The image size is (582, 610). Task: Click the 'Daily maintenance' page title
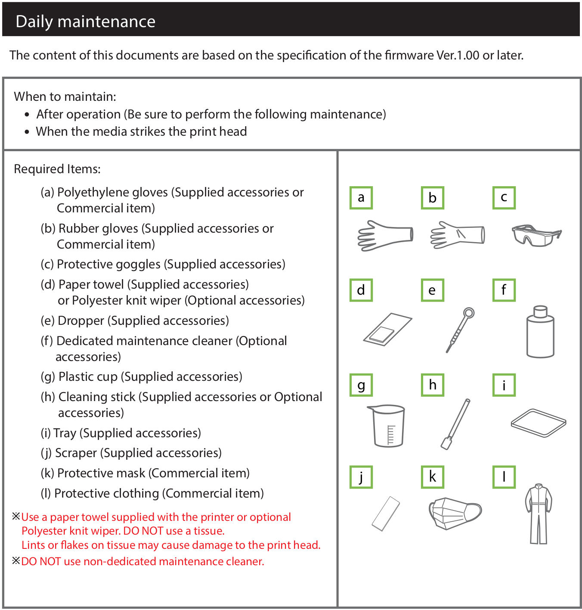click(85, 22)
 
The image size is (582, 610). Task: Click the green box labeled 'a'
click(361, 198)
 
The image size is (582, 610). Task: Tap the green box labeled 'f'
click(504, 290)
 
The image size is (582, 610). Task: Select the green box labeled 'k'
click(432, 477)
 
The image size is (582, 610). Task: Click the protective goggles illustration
click(536, 235)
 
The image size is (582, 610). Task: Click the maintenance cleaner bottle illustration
click(540, 332)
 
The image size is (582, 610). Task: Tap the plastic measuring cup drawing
click(387, 426)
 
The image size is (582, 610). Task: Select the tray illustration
click(539, 423)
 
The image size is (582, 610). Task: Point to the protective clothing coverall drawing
click(539, 513)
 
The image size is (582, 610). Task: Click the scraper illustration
click(386, 514)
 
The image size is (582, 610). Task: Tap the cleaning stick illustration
click(455, 424)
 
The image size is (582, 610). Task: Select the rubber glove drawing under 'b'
click(457, 235)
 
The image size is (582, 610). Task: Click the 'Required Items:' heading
click(57, 169)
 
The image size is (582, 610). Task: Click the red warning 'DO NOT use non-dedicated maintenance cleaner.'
click(142, 561)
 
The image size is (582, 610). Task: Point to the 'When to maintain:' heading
click(65, 96)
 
